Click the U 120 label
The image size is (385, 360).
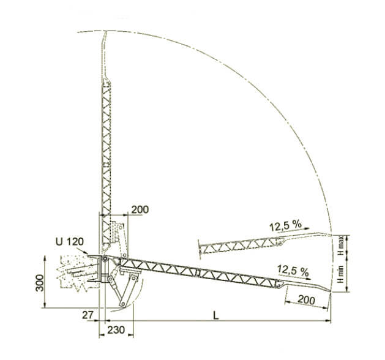(x=70, y=242)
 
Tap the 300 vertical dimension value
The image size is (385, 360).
(x=39, y=283)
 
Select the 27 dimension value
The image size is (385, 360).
(x=88, y=315)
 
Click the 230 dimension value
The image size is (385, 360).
(x=116, y=330)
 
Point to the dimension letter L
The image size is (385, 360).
(x=215, y=315)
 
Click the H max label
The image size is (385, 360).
(x=340, y=246)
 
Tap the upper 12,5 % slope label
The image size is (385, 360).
(x=285, y=225)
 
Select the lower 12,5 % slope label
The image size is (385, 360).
(x=293, y=271)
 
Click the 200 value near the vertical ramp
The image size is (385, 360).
(x=140, y=210)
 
